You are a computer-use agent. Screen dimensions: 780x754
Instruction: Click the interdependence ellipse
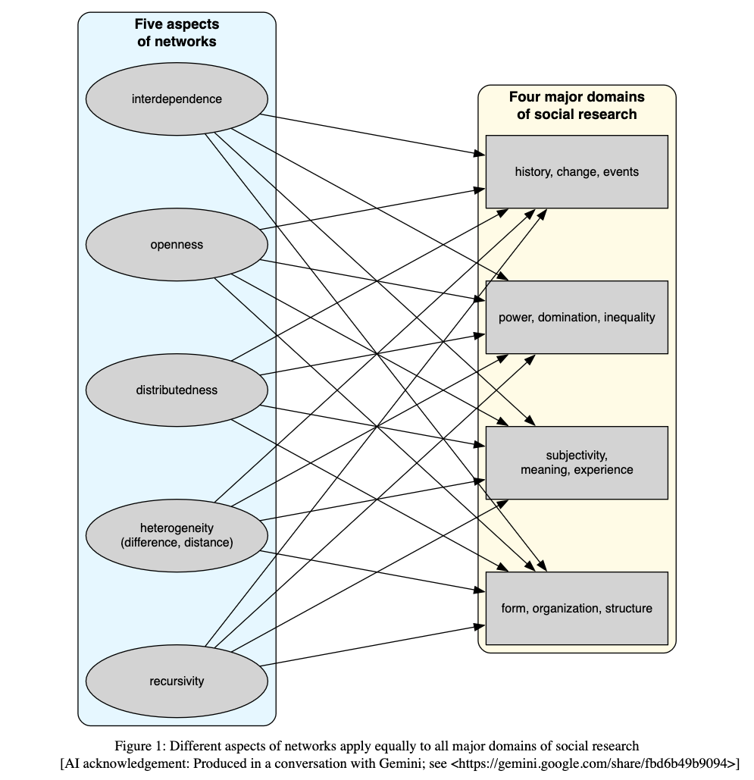(x=177, y=99)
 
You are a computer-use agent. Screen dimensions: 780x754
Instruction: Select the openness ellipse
(x=177, y=245)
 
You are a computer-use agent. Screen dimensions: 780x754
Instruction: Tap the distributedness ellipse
(x=177, y=390)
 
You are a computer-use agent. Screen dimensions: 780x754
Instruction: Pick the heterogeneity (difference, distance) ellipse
(x=177, y=535)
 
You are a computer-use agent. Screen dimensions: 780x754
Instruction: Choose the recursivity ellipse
(x=177, y=681)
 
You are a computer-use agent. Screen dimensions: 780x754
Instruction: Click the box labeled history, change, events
(x=576, y=172)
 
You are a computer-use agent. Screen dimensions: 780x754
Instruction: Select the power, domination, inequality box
(x=576, y=318)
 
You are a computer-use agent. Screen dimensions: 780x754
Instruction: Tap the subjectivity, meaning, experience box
(x=576, y=462)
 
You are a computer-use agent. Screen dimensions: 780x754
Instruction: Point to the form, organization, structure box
(x=576, y=608)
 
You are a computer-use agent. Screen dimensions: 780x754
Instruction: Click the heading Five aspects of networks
(x=177, y=33)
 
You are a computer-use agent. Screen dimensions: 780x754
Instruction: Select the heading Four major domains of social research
(x=576, y=105)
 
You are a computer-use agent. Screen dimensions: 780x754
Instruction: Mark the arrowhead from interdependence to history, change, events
(x=479, y=155)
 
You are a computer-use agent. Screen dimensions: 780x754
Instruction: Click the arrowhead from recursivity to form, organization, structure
(x=479, y=625)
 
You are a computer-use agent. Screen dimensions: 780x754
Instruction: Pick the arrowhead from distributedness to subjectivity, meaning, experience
(x=479, y=446)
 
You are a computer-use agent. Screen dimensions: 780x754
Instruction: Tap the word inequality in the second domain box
(x=629, y=318)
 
